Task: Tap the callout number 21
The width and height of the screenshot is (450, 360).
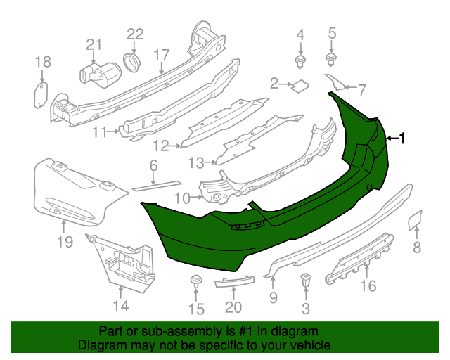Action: pyautogui.click(x=94, y=44)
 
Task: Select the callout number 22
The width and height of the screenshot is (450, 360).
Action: pyautogui.click(x=135, y=34)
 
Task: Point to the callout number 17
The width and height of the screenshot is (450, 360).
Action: pyautogui.click(x=162, y=54)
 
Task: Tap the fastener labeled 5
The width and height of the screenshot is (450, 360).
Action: pyautogui.click(x=332, y=57)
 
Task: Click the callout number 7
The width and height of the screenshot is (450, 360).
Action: pyautogui.click(x=362, y=89)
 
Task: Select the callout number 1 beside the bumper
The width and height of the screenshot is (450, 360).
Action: pyautogui.click(x=402, y=139)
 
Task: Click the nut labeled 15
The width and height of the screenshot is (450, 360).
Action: pyautogui.click(x=196, y=283)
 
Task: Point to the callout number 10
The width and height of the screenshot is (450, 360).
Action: pyautogui.click(x=182, y=198)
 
